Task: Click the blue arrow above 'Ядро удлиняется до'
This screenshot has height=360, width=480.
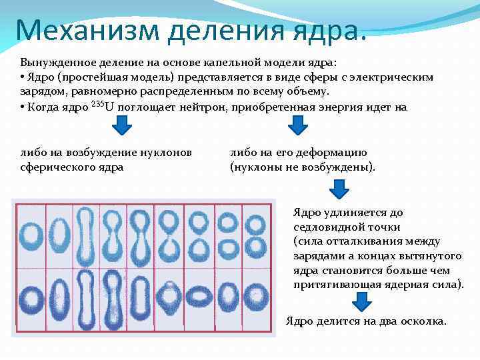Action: [x=340, y=190]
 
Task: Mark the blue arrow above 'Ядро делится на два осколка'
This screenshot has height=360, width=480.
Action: [x=361, y=301]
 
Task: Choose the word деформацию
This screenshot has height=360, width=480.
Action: [x=325, y=153]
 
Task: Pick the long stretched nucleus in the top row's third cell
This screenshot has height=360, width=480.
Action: [x=87, y=233]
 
